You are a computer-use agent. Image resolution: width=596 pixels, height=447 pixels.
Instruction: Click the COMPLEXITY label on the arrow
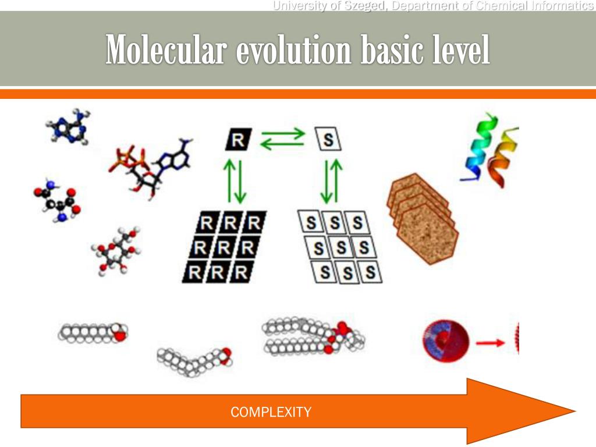(271, 413)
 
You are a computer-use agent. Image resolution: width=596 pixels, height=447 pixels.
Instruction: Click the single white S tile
(328, 140)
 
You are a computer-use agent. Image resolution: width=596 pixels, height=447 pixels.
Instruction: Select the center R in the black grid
(224, 247)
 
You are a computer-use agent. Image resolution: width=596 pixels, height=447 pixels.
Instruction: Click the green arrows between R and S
(282, 139)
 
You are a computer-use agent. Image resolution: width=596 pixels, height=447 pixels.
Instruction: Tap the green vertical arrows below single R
(236, 180)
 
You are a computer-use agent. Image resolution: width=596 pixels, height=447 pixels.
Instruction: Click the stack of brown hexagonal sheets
(422, 218)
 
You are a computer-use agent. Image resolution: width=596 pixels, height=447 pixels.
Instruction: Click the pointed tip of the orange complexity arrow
(573, 411)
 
